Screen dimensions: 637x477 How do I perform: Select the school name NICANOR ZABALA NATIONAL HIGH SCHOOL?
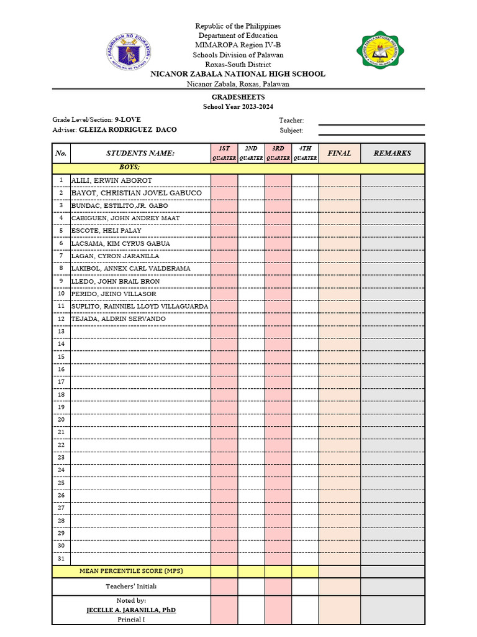tap(238, 74)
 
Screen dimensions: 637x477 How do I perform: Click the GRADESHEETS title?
tap(238, 98)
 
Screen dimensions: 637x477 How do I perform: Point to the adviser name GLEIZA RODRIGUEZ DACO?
tap(127, 130)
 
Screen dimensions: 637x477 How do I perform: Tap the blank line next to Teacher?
tap(371, 121)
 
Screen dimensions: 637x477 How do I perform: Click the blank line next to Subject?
tap(371, 131)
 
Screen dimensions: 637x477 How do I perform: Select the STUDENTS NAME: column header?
tap(140, 153)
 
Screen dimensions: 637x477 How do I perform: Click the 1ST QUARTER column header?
tap(224, 153)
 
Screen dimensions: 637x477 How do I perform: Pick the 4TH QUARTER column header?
tap(305, 153)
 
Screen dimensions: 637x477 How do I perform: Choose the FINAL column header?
tap(339, 153)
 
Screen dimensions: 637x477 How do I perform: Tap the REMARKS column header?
tap(393, 153)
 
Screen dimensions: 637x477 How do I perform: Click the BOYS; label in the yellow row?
tap(130, 168)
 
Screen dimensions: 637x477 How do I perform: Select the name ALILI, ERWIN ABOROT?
tap(112, 180)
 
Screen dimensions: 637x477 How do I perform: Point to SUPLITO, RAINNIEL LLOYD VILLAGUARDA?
tap(140, 306)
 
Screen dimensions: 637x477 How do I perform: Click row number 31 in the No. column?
tap(61, 558)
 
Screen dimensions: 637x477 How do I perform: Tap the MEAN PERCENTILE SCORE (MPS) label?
tap(131, 571)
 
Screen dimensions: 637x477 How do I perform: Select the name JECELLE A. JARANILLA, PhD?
tap(131, 610)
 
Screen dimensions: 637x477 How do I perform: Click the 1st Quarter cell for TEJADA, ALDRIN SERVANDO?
tap(224, 319)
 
